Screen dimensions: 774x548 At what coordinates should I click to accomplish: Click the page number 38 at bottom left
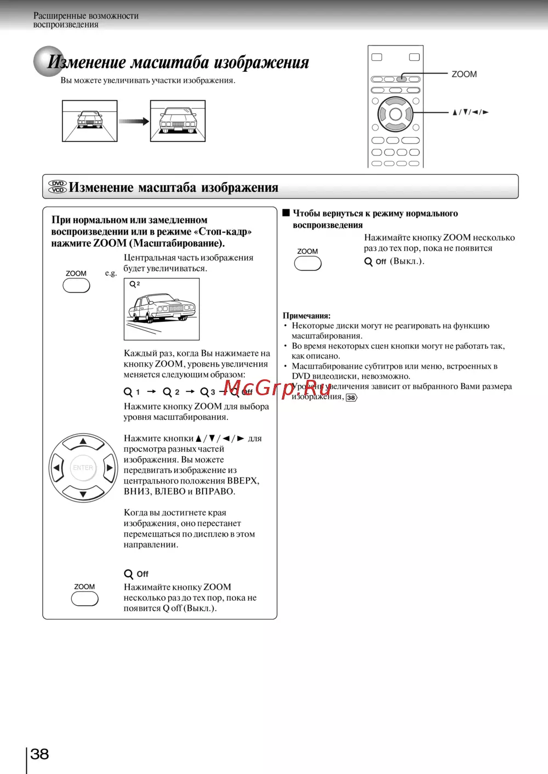pyautogui.click(x=39, y=754)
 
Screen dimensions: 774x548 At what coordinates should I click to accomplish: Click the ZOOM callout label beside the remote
pyautogui.click(x=464, y=74)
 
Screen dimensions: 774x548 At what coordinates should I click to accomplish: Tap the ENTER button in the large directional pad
pyautogui.click(x=83, y=468)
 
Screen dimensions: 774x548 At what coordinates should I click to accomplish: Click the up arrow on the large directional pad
pyautogui.click(x=83, y=441)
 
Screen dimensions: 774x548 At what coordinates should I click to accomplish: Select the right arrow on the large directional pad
pyautogui.click(x=110, y=468)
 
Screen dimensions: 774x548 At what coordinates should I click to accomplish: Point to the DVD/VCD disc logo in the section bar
pyautogui.click(x=58, y=187)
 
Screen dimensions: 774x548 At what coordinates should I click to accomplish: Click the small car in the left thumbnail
pyautogui.click(x=89, y=119)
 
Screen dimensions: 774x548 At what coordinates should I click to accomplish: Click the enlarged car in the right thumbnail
pyautogui.click(x=178, y=121)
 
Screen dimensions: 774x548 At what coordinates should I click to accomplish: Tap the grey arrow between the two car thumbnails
pyautogui.click(x=134, y=121)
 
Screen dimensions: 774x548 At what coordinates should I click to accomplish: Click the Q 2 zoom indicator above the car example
pyautogui.click(x=134, y=284)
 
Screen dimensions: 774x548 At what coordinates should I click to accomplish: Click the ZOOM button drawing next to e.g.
pyautogui.click(x=76, y=285)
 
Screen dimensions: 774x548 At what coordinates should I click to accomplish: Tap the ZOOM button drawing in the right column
pyautogui.click(x=307, y=264)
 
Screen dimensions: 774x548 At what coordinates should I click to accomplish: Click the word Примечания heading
pyautogui.click(x=306, y=316)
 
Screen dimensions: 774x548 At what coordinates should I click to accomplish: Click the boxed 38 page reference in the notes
pyautogui.click(x=351, y=397)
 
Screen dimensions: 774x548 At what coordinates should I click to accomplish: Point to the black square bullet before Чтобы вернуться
pyautogui.click(x=286, y=213)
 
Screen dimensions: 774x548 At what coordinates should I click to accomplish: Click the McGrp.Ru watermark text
pyautogui.click(x=277, y=388)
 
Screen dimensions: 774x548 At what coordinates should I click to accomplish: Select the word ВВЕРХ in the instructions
pyautogui.click(x=242, y=481)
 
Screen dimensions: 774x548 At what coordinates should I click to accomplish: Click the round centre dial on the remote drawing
pyautogui.click(x=395, y=114)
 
